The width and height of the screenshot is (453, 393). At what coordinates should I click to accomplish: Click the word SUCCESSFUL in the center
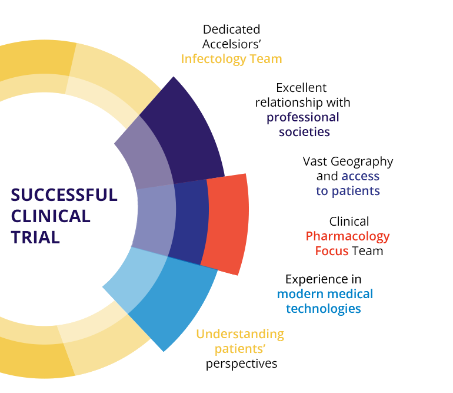pos(64,195)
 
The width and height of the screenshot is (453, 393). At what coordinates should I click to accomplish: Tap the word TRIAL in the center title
pos(35,237)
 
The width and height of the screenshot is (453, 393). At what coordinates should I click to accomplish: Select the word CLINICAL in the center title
pos(51,216)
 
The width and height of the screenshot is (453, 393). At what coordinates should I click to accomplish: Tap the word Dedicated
pos(231,29)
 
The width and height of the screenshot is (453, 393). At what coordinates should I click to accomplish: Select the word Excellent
pos(301,88)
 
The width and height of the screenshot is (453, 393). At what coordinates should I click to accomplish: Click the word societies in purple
pos(304,132)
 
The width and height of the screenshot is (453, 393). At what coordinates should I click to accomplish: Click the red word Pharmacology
pos(348,236)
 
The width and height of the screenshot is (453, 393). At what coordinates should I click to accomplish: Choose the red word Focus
pos(332,251)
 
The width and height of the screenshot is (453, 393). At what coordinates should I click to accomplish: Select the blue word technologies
pos(324,308)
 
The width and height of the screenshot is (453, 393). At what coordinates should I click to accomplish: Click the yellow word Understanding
pos(240,334)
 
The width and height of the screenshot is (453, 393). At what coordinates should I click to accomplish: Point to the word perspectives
pos(241,364)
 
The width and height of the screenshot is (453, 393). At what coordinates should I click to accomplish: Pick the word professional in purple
pos(303,117)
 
